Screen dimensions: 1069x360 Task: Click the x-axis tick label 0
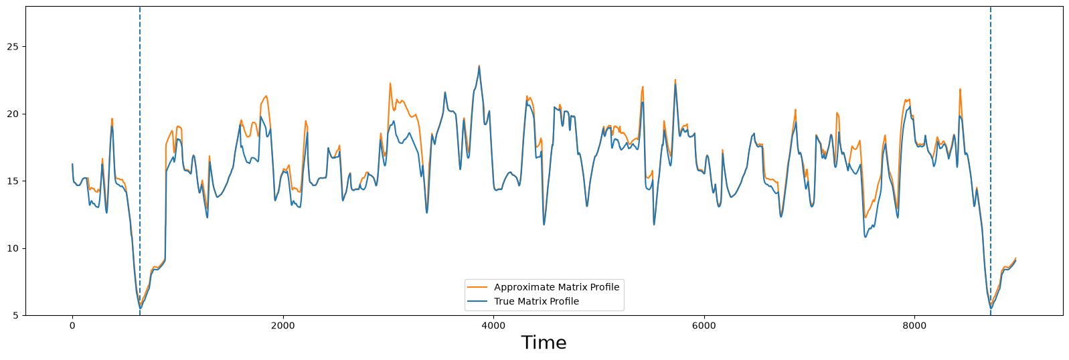(x=72, y=326)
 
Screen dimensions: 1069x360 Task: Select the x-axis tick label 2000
(x=283, y=326)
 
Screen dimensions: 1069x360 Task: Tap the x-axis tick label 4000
(x=493, y=326)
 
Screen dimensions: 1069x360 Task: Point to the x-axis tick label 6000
(x=704, y=326)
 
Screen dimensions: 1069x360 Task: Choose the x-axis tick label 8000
(x=915, y=326)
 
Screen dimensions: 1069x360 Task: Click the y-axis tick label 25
(x=13, y=47)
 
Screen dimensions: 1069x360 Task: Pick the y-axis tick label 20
(x=13, y=114)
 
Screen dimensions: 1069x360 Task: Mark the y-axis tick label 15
(x=13, y=181)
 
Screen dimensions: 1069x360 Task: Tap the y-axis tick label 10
(x=13, y=248)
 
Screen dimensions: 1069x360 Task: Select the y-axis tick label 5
(x=16, y=316)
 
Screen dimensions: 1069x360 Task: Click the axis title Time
(x=544, y=343)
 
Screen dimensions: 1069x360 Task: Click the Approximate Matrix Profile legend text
(x=556, y=287)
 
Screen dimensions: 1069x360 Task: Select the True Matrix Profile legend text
(x=536, y=301)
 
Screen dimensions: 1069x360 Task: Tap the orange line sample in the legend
(x=477, y=287)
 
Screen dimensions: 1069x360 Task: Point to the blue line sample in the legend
(x=477, y=301)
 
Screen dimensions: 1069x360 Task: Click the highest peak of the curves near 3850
(x=479, y=66)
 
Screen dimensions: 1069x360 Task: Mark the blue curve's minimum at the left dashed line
(x=140, y=308)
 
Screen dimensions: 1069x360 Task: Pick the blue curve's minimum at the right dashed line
(x=991, y=308)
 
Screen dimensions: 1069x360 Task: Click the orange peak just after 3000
(x=390, y=84)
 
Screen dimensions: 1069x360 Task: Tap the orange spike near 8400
(x=960, y=89)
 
